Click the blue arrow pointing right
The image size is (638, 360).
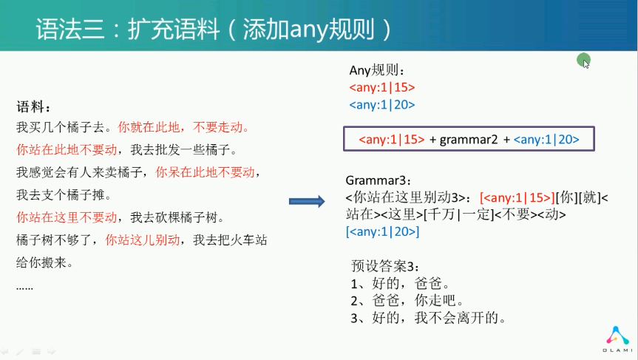(x=307, y=201)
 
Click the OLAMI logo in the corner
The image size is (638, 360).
(x=617, y=339)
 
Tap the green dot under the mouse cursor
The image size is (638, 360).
(x=583, y=60)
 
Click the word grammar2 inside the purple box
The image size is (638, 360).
(x=468, y=140)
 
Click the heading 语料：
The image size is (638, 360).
(x=34, y=107)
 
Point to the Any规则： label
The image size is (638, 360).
(x=377, y=70)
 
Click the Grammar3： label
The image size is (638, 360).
(x=379, y=180)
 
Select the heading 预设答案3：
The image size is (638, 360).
(x=385, y=266)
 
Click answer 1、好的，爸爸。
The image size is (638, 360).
(x=401, y=283)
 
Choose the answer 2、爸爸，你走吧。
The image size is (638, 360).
(x=407, y=300)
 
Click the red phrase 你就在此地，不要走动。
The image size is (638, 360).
(x=183, y=127)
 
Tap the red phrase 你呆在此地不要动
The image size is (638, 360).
(x=205, y=172)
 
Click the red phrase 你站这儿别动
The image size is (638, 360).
(x=143, y=240)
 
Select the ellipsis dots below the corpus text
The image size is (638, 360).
(x=24, y=288)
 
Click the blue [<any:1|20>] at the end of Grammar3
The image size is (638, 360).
(x=382, y=231)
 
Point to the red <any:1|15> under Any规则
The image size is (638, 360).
(x=382, y=87)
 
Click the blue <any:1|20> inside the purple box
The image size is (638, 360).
(x=546, y=140)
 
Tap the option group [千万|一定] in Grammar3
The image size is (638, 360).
(x=458, y=214)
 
